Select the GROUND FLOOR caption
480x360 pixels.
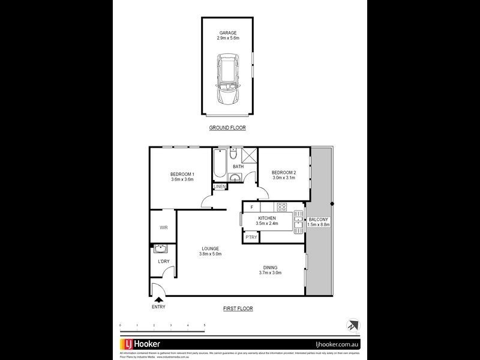coord(227,128)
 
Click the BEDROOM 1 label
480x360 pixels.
coord(182,174)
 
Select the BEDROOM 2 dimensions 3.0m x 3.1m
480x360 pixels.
coord(284,178)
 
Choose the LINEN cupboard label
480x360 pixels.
coord(220,187)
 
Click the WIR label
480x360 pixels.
coord(163,228)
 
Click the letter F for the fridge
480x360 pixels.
coord(252,207)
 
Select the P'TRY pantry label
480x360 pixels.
coord(251,238)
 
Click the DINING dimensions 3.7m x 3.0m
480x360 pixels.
coord(270,273)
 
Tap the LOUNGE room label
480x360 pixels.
coord(210,248)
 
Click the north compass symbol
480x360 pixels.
coord(350,325)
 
